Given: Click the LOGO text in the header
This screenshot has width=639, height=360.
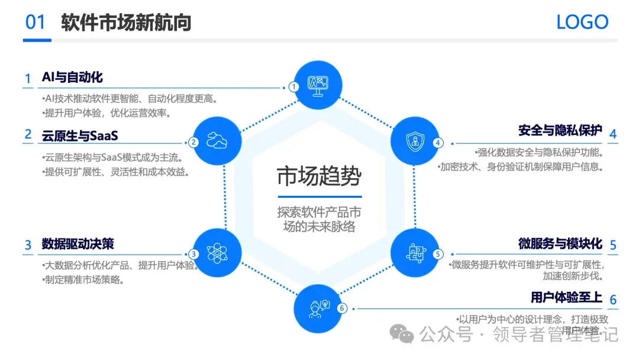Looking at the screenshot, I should pos(582,22).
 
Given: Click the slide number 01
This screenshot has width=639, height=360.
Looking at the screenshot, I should pos(35,22).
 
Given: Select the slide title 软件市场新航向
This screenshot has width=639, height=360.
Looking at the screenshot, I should pos(126,22).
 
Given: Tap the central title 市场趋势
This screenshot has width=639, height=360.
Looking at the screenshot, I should pos(319,176).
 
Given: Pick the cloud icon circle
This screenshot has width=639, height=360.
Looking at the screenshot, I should pos(217,140).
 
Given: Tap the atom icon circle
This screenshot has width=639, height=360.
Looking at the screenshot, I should pos(217,253).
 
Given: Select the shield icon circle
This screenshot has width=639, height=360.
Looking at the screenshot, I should pos(415,140).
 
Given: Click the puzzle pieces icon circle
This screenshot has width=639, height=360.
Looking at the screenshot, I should pos(415,253).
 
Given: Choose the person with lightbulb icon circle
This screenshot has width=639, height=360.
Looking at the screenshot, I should pos(318,307).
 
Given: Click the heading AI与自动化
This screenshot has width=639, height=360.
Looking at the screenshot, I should pos(72,78).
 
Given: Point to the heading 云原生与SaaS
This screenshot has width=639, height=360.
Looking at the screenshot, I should pos(80,136).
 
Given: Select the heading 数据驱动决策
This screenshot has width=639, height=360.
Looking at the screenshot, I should pos(78,243).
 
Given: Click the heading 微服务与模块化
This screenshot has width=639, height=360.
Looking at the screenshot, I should pos(560,243).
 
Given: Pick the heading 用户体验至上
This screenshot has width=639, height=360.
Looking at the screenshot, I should pos(566,297).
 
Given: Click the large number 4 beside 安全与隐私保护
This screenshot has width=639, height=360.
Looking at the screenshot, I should pos(613,134).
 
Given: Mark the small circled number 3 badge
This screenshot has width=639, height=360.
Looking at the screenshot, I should pos(194,255).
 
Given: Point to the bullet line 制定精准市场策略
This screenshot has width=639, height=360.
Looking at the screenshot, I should pos(83,279).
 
